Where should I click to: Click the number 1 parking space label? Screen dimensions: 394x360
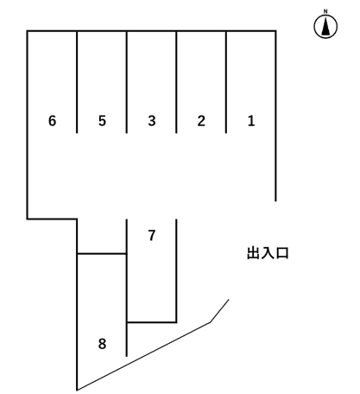tap(251, 121)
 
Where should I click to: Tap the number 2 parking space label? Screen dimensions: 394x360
tap(201, 121)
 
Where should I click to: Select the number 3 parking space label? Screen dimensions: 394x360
tap(152, 121)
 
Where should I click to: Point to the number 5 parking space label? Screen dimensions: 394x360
tap(102, 121)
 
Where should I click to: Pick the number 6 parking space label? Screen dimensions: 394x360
tap(53, 121)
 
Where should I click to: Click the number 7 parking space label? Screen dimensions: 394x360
tap(152, 235)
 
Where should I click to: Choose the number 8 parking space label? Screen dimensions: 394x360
tap(102, 344)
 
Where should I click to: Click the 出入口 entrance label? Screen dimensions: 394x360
tap(268, 253)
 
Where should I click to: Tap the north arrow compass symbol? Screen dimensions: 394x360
tap(325, 29)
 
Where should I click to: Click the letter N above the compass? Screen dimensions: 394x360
tap(325, 12)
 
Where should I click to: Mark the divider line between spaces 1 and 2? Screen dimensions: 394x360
tap(226, 82)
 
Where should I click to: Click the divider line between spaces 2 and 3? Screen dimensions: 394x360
tap(176, 82)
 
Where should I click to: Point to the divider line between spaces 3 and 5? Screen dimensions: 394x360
tap(127, 82)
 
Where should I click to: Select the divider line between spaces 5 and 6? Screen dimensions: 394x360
tap(77, 82)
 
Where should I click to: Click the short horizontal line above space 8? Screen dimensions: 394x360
tap(102, 253)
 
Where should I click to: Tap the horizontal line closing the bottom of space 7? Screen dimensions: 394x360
tap(152, 322)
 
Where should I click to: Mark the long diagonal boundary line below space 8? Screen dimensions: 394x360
tap(142, 356)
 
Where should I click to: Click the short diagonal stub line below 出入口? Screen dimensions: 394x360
tap(220, 310)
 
